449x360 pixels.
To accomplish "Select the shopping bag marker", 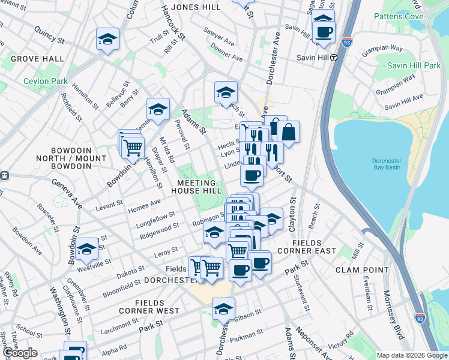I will (288, 131).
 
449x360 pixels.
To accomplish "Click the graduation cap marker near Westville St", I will (87, 250).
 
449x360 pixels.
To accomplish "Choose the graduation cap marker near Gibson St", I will (224, 309).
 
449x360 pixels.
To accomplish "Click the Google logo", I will (20, 353).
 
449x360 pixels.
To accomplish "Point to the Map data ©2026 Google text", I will (412, 355).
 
